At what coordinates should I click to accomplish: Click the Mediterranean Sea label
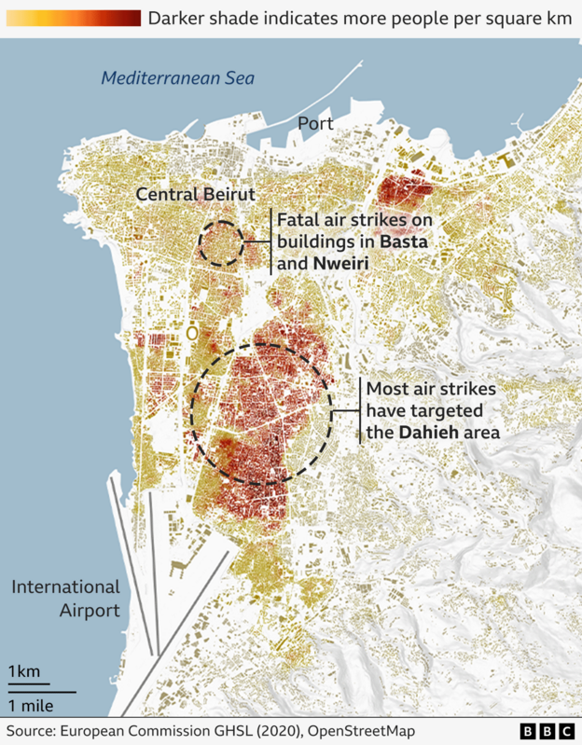pos(177,78)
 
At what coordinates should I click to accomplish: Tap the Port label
pos(314,123)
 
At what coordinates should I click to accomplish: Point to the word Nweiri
pos(339,264)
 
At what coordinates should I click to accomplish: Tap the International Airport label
pos(65,599)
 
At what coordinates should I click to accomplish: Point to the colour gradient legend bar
pos(73,18)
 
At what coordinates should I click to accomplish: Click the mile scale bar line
pos(42,691)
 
